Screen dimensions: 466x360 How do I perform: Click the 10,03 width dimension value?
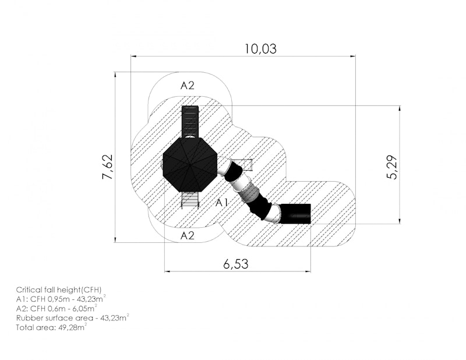tap(260, 49)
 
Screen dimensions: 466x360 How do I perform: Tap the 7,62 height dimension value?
tap(108, 167)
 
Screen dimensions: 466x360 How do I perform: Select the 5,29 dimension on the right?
tap(392, 167)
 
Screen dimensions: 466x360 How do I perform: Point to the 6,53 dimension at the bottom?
tap(236, 264)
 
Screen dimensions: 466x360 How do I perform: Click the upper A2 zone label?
tap(188, 86)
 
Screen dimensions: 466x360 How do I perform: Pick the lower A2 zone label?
tap(188, 236)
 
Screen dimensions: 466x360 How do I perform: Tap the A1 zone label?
tap(222, 203)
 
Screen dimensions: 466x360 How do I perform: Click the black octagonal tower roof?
tap(190, 165)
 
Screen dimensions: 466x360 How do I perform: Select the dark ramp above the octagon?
tap(190, 122)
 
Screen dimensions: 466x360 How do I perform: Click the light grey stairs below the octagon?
tap(190, 199)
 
